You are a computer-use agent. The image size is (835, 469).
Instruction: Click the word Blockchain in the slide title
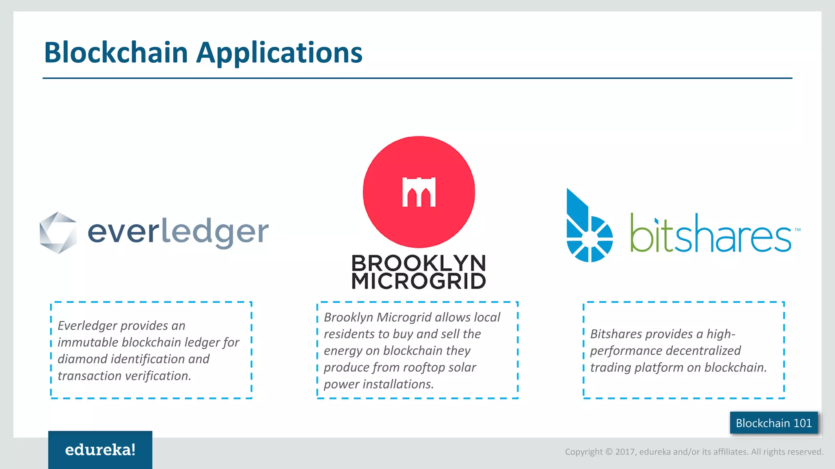(116, 53)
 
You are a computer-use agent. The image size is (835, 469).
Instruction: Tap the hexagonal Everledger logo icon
(58, 233)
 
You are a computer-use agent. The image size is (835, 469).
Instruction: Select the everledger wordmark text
(178, 232)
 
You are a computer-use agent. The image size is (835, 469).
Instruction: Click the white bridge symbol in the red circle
(419, 192)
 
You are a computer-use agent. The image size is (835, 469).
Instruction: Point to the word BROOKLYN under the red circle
(418, 263)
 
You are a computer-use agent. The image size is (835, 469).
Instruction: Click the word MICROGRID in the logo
(418, 281)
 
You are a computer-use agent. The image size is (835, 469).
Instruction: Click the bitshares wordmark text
(710, 234)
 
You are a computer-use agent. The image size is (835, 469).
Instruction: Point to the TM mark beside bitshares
(797, 230)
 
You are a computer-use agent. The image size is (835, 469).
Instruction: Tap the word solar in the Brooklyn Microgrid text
(462, 368)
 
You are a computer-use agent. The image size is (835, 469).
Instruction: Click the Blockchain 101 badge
(773, 423)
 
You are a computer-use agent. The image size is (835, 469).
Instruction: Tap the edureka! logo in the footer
(100, 449)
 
